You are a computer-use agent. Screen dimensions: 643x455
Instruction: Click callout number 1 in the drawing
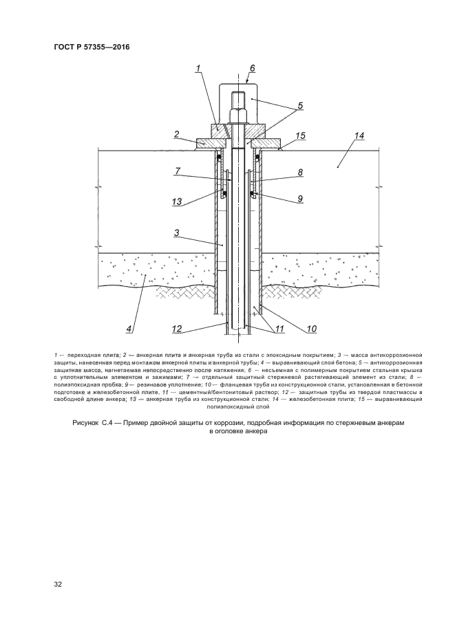tap(197, 68)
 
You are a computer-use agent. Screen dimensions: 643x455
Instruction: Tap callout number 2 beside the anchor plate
tap(177, 134)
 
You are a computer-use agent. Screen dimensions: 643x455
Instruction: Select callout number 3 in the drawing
tap(177, 234)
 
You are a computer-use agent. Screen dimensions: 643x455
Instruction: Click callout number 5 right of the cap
tap(300, 107)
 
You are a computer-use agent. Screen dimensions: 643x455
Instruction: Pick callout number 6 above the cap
tap(252, 68)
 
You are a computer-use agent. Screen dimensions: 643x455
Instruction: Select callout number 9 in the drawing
tap(300, 199)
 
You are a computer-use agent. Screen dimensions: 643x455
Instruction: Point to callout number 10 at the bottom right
tap(311, 329)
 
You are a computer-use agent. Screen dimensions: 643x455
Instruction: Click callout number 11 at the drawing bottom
tap(279, 329)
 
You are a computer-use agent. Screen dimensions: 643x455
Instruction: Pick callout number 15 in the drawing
tap(300, 136)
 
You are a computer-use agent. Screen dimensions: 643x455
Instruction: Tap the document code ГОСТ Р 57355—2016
tap(91, 47)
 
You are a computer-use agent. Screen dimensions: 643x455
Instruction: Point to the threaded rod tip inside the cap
tap(239, 96)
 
